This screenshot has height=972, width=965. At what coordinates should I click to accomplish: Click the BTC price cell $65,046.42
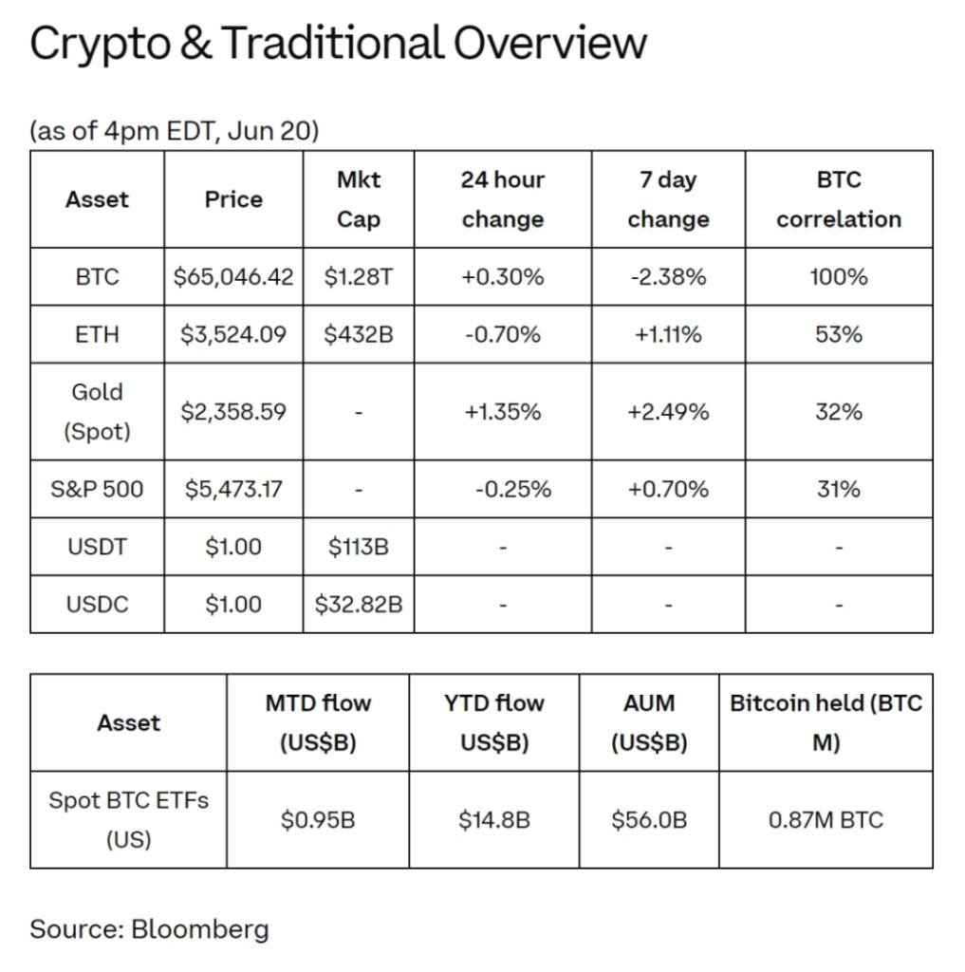[233, 276]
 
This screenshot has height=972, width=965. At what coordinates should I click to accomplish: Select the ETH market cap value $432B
[359, 334]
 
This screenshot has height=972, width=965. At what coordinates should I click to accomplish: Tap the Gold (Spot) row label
[98, 412]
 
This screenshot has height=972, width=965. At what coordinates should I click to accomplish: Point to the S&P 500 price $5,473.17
[233, 489]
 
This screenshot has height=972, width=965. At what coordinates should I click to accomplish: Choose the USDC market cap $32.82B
[359, 604]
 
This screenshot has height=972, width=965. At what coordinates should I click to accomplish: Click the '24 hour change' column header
[503, 199]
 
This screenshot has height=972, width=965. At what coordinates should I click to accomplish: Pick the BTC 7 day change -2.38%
[668, 276]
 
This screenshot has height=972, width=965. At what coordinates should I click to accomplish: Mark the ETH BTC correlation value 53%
[839, 334]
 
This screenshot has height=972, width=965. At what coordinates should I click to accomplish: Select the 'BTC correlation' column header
[839, 199]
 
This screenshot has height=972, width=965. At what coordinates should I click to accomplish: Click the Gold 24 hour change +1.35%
[503, 412]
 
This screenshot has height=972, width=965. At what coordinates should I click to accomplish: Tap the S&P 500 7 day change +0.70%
[668, 489]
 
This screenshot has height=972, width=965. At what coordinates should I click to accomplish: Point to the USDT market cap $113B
[359, 547]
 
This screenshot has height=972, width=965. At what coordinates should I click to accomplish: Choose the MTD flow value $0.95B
[318, 819]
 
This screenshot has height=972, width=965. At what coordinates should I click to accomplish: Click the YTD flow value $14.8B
[494, 819]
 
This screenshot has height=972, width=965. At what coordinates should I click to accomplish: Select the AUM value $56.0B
[649, 819]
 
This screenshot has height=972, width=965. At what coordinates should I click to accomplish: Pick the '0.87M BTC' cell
[826, 819]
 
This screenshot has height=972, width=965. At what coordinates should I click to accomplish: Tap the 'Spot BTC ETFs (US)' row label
[128, 819]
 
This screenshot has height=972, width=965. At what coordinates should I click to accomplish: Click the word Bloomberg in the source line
[200, 929]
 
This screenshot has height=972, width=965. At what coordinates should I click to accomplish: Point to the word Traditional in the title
[332, 44]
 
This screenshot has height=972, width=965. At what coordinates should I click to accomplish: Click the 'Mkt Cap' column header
[359, 199]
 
